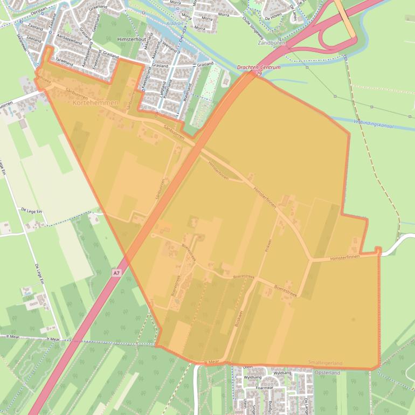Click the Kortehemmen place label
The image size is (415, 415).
[95, 102]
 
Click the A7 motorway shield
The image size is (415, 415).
[116, 274]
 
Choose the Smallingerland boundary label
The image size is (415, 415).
[325, 363]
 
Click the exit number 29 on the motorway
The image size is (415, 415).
[259, 73]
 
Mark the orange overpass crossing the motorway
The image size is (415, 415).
[345, 19]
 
